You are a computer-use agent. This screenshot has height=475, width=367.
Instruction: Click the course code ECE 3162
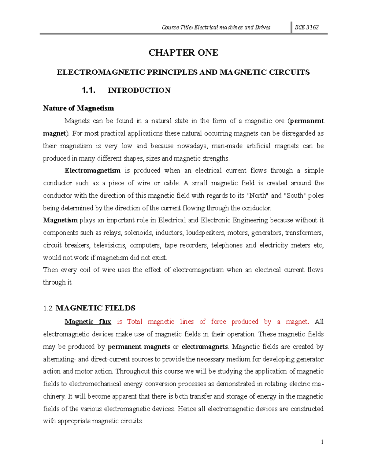point(306,27)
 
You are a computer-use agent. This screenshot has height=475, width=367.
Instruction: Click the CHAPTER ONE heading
point(183,53)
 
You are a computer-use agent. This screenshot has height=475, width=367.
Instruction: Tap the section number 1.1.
point(89,90)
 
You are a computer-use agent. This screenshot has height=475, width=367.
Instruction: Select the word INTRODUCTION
point(139,91)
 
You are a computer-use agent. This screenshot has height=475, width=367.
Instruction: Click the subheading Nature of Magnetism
point(78,108)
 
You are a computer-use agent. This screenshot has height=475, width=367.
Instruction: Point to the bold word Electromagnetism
point(92,170)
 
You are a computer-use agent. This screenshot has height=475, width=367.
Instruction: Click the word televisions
point(109,245)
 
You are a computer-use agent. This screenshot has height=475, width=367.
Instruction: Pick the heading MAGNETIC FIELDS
point(95,308)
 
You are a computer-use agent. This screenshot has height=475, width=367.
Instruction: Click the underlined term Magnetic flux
point(88,322)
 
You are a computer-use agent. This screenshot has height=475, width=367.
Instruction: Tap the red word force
point(218,322)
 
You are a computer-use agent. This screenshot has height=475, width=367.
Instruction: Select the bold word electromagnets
point(205,347)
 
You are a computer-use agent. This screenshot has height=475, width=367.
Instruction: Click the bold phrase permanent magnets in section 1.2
point(139,347)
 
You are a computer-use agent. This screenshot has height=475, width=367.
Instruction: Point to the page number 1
point(322,442)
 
